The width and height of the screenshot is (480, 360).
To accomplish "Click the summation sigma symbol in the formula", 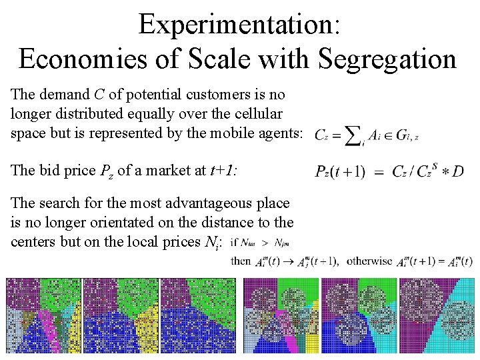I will coord(353,135).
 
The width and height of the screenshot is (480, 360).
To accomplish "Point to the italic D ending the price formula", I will coord(457,171).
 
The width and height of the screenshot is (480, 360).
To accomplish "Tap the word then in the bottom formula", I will coord(240,261).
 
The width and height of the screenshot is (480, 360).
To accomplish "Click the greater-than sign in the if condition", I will coord(265,243).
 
